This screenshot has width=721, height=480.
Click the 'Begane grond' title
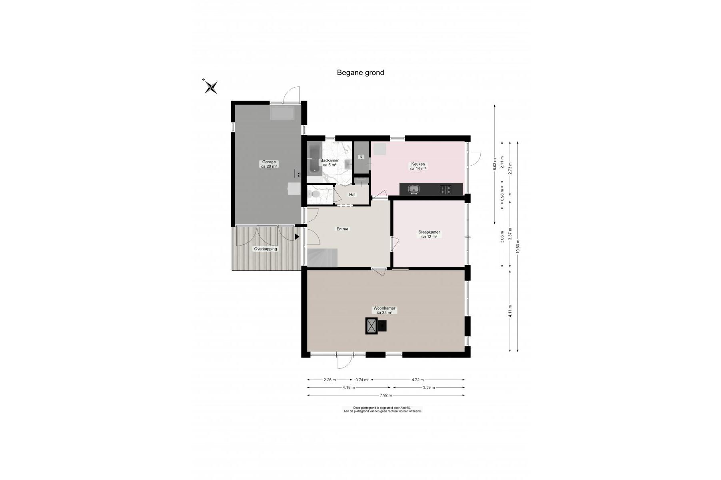(x=360, y=72)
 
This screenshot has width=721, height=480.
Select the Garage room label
(x=269, y=164)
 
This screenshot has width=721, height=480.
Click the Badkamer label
(x=330, y=162)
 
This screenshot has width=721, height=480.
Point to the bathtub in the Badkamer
(x=314, y=158)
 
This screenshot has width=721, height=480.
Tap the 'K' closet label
(x=361, y=157)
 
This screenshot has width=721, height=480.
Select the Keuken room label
(x=418, y=166)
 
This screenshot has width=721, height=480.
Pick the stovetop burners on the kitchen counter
(x=446, y=189)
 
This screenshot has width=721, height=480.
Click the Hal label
(x=352, y=195)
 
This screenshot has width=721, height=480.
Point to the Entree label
(x=342, y=229)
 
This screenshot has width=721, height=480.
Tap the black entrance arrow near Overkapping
(x=297, y=237)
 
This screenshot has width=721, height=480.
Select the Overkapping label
(x=266, y=249)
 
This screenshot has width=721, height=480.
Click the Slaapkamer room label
(x=429, y=234)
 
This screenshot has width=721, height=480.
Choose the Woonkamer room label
(x=384, y=310)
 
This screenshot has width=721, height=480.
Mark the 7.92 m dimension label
(x=385, y=395)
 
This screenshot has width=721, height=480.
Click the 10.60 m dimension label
(x=517, y=246)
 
